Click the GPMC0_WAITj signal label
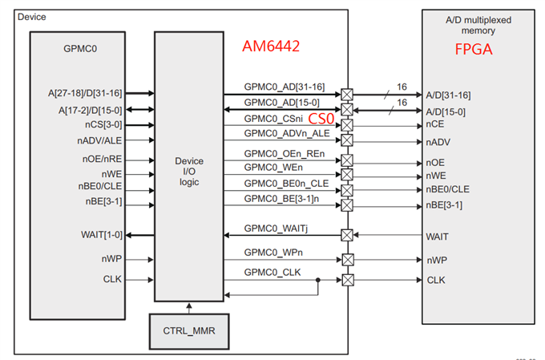[276, 228]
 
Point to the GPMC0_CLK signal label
[272, 273]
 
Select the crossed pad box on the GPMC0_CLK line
[347, 280]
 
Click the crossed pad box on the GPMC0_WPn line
[347, 259]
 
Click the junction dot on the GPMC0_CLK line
[319, 281]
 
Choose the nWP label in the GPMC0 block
[112, 259]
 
